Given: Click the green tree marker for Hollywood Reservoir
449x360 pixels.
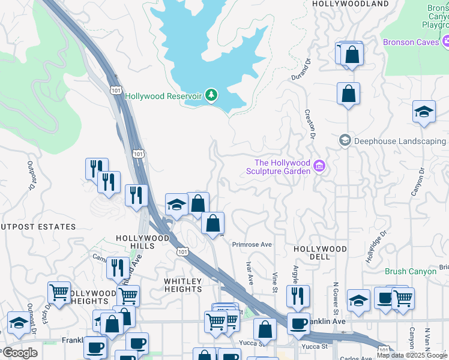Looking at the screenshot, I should [x=211, y=95].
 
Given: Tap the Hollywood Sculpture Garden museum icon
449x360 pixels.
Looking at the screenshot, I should [x=319, y=166].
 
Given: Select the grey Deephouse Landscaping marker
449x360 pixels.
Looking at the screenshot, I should [x=345, y=140].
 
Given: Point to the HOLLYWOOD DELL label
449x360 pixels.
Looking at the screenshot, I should [x=320, y=252].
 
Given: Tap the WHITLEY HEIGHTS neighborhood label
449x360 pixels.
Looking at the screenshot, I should [x=183, y=285].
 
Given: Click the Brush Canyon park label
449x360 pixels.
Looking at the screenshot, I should [x=411, y=272].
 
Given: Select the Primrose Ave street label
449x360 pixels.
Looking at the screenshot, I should [x=252, y=245].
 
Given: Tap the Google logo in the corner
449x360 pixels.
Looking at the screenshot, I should [x=20, y=353].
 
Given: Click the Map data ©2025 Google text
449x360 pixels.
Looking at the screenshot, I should [x=412, y=355].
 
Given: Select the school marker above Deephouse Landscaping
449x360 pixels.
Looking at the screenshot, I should [x=424, y=112].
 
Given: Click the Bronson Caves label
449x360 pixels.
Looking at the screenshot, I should [x=411, y=42].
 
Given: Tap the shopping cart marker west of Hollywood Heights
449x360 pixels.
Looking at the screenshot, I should [x=59, y=293].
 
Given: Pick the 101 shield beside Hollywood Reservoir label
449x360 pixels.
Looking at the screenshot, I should [x=116, y=90].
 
